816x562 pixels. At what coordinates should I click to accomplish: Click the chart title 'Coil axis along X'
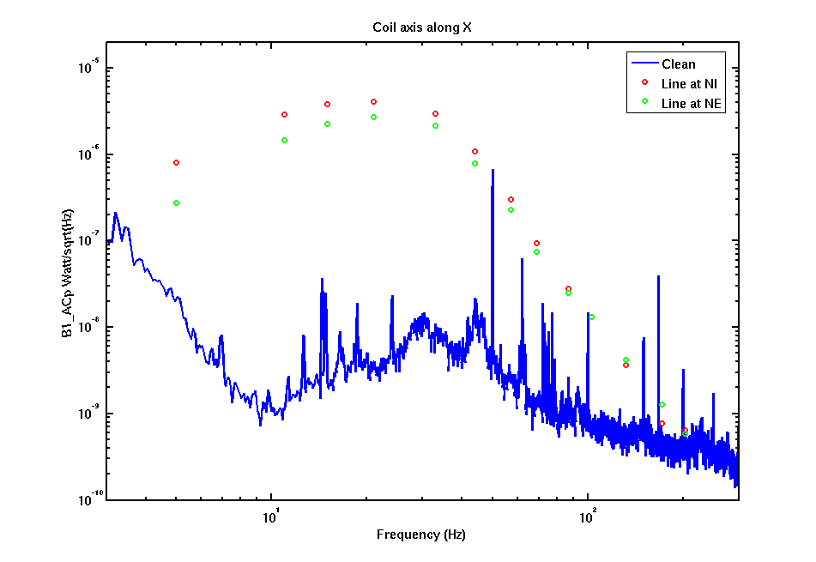tap(422, 27)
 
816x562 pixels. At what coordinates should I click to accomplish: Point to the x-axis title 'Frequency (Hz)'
tap(421, 535)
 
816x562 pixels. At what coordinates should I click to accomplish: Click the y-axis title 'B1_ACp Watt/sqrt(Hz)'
tap(68, 273)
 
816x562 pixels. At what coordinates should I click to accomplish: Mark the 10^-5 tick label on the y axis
tap(88, 67)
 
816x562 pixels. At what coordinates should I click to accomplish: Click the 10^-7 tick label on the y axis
tap(88, 239)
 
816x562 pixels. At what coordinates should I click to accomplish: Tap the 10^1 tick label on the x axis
tap(269, 517)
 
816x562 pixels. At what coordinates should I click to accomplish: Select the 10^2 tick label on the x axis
tap(587, 517)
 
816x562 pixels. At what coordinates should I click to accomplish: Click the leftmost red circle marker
tap(177, 163)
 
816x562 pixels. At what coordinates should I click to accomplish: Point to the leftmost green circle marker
tap(177, 203)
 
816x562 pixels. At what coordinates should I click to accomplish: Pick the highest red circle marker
tap(373, 102)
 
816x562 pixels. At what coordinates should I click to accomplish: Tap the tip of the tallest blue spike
tap(493, 170)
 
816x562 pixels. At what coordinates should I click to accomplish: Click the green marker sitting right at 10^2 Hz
tap(591, 317)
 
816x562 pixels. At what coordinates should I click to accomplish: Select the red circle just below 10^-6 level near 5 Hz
tap(177, 163)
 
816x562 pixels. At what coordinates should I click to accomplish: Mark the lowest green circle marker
tap(686, 434)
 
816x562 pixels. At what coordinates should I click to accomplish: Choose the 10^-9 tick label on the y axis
tap(88, 413)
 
